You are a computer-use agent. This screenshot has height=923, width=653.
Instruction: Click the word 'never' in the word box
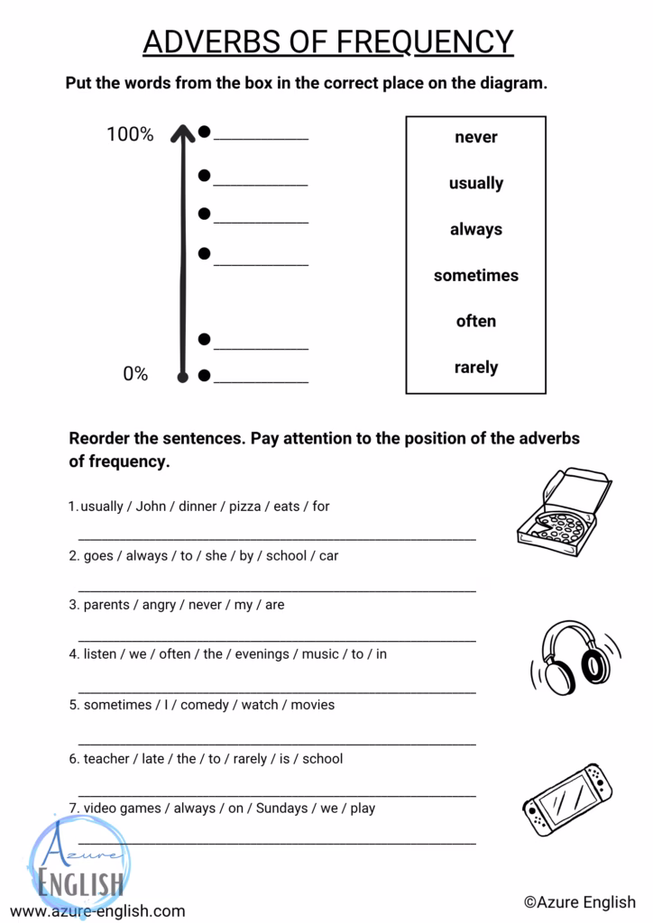click(475, 137)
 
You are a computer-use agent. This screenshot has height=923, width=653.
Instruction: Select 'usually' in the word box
click(475, 183)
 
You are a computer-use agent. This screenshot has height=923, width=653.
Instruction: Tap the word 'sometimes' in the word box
click(475, 275)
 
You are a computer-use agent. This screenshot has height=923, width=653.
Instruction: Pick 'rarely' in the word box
click(475, 367)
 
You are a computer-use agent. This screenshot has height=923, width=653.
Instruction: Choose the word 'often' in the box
click(475, 321)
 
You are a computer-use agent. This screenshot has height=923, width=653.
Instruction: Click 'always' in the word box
click(475, 229)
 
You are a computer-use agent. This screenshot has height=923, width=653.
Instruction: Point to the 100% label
click(130, 134)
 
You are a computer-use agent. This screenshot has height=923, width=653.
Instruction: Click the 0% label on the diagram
click(135, 373)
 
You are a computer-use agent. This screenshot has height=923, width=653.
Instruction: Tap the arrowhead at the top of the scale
click(183, 133)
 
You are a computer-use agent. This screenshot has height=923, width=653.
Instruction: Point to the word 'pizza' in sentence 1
click(244, 507)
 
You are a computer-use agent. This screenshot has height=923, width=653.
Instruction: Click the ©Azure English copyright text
click(580, 902)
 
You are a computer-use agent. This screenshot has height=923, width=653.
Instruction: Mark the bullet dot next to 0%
click(204, 374)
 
